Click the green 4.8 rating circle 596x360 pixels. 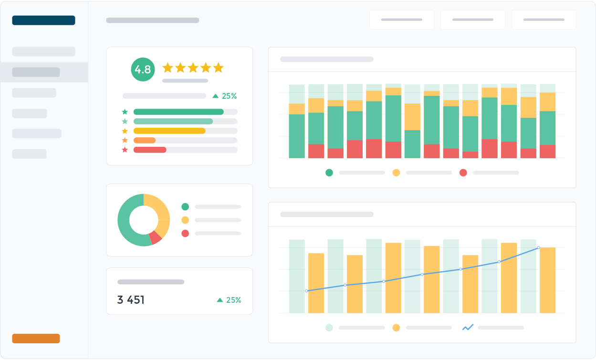pos(143,70)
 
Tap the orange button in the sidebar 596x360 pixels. pos(36,339)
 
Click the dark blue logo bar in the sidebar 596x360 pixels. pos(43,20)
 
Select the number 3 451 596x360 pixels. pos(131,300)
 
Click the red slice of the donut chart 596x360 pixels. pos(156,237)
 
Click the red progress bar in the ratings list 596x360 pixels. pos(150,150)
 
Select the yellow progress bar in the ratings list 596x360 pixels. pos(169,131)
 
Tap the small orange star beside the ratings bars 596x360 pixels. pos(125,140)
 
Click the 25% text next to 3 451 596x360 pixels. pos(233,300)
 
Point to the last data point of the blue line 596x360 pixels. pos(538,247)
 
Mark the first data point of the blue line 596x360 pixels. pos(306,291)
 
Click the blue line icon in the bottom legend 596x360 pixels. pos(468,328)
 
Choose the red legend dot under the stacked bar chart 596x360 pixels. pos(463,173)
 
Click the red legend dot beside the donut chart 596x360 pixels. pos(185,233)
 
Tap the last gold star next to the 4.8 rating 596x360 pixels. pos(218,68)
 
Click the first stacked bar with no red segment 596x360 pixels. pos(297,136)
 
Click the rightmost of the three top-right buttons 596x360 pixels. pos(544,20)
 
